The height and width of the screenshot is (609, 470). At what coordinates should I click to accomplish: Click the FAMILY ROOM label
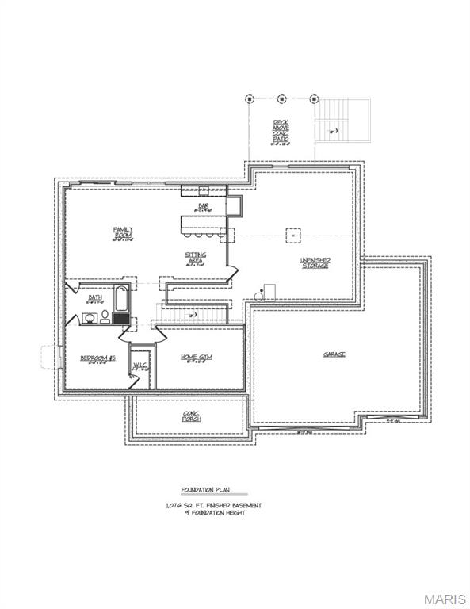pos(123,232)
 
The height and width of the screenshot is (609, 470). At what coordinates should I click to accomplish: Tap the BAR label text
pos(204,207)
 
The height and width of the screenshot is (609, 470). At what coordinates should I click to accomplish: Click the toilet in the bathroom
pos(105,317)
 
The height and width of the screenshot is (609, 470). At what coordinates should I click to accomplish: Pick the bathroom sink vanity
pos(89,318)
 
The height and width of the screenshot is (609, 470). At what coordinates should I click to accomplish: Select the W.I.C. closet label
pos(140,366)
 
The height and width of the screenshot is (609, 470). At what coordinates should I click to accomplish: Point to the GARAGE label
pos(334,354)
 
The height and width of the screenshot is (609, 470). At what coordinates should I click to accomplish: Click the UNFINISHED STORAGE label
pos(315,262)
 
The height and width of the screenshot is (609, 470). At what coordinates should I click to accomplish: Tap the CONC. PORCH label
pos(191,416)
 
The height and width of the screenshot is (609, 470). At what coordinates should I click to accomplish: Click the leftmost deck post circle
pos(250,99)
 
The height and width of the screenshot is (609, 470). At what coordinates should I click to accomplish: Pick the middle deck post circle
pos(281,99)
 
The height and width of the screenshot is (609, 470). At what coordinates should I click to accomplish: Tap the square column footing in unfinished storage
pos(292,236)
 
